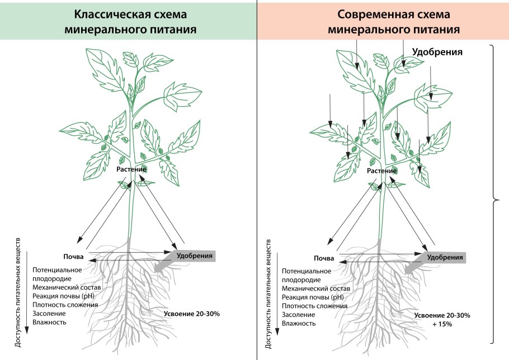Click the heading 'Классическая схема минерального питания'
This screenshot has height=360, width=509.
(128, 21)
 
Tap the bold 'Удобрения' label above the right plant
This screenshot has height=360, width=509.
(437, 52)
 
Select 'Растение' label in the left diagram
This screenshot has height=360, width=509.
(131, 169)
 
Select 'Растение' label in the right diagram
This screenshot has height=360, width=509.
(383, 170)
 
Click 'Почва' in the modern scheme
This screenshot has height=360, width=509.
(324, 258)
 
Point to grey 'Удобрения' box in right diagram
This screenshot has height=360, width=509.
(445, 257)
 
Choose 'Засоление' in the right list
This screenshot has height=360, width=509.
(299, 315)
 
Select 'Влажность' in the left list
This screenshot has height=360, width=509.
(49, 322)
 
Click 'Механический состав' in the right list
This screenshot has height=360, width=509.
(316, 288)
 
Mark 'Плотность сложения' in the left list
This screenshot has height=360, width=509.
(65, 305)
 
